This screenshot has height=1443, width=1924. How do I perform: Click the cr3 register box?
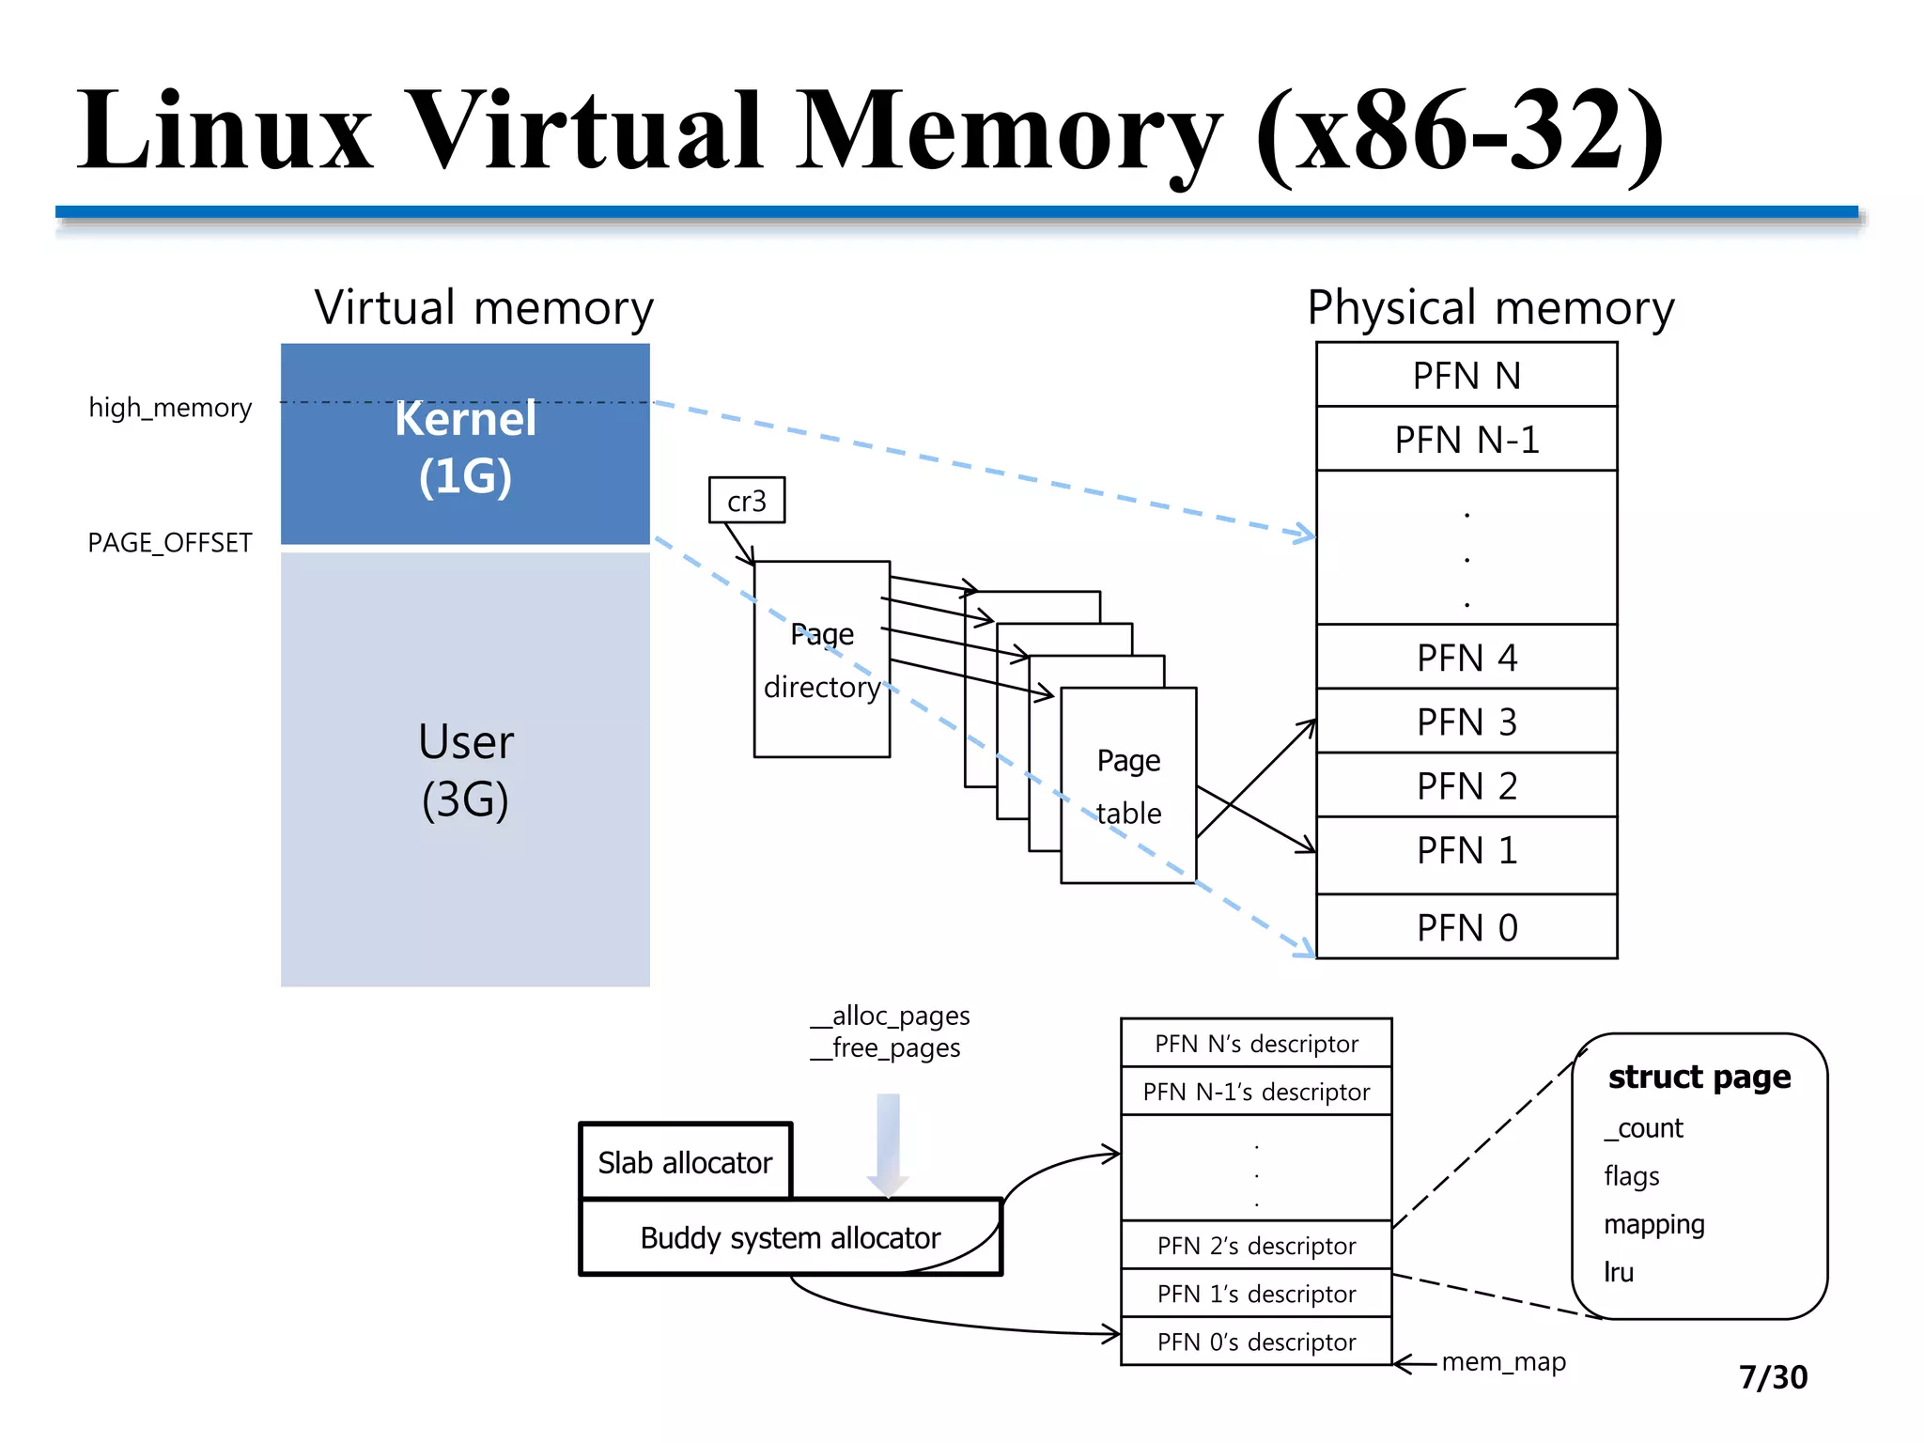coord(746,501)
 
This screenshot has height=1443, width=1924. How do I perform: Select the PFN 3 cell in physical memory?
coord(1466,721)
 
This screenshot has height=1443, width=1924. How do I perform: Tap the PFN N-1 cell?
coord(1466,439)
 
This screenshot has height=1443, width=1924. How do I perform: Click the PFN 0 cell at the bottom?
coord(1466,927)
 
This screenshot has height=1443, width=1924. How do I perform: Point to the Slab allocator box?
coord(685,1162)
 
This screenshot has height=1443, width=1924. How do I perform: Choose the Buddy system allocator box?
coord(789,1237)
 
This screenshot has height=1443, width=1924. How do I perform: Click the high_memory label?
coord(170,408)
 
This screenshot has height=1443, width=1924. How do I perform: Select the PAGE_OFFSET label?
coord(170,543)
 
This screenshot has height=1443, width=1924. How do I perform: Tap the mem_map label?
coord(1503,1361)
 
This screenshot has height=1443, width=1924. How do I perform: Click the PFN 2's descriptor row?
coord(1256,1246)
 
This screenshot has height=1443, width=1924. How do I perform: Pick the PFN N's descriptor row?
coord(1256,1044)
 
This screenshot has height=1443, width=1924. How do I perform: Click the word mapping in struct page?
coord(1653,1224)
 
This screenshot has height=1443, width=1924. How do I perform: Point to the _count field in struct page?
coord(1644,1127)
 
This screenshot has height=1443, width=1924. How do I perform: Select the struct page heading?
coord(1699,1077)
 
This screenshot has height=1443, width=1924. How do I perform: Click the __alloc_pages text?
coord(891,1016)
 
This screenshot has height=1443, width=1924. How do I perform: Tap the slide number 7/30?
coord(1773,1377)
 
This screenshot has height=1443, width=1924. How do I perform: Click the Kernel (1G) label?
coord(465,447)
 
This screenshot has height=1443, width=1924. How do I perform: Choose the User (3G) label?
coord(465,770)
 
